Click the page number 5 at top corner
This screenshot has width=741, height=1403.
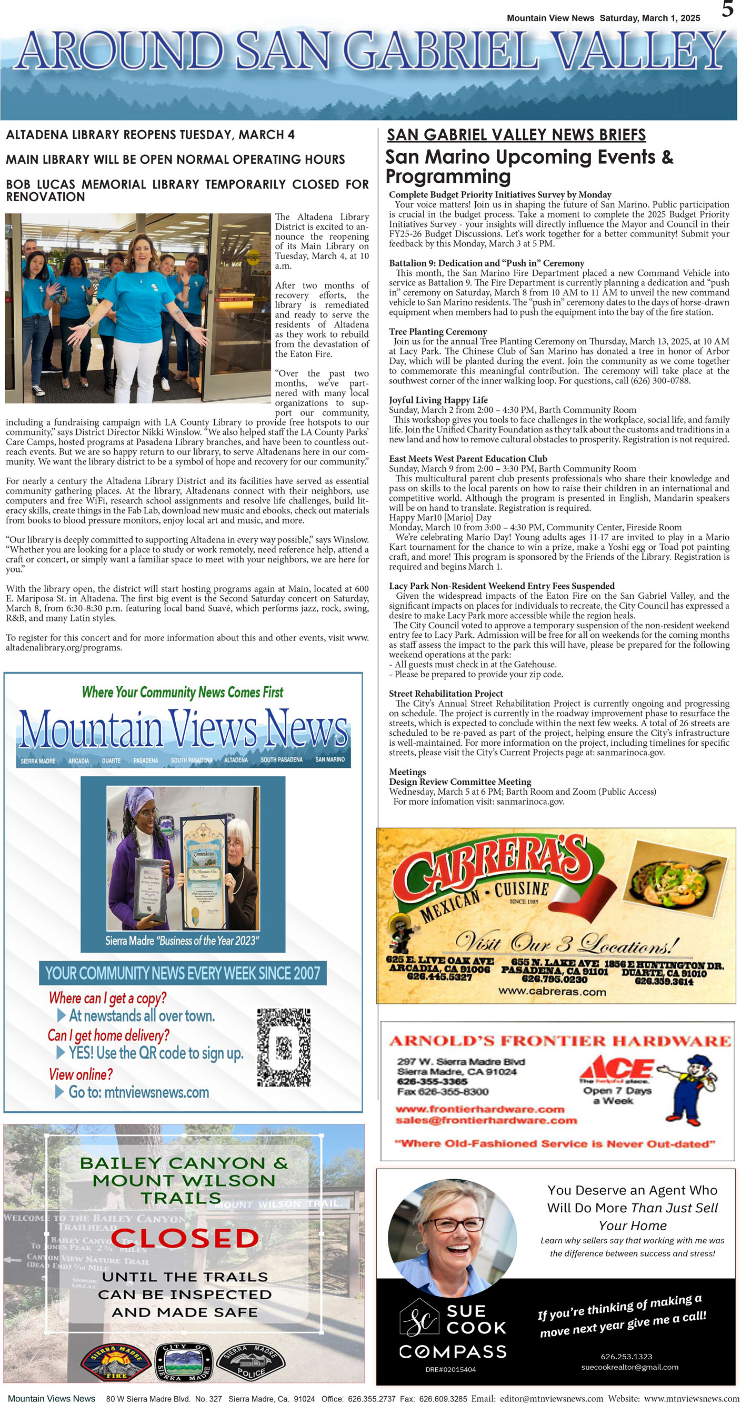(x=727, y=9)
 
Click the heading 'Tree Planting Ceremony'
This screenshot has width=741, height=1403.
(x=438, y=332)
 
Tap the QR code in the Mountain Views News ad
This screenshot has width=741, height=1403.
(x=284, y=1048)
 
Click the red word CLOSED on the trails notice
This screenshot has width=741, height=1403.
(x=185, y=1238)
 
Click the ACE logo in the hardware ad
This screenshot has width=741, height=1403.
(x=617, y=1068)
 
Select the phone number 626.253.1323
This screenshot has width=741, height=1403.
(x=626, y=1356)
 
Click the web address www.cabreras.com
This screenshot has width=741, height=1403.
(x=552, y=991)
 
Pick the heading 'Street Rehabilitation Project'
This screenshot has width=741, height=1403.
(x=445, y=693)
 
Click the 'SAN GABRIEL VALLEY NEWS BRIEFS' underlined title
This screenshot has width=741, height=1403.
(x=516, y=134)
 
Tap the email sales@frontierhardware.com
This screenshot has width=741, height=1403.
(x=486, y=1120)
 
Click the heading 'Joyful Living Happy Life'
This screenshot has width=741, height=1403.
(x=438, y=400)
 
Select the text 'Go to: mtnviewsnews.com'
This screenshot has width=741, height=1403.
(x=138, y=1092)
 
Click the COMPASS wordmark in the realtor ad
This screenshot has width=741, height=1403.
(x=453, y=1351)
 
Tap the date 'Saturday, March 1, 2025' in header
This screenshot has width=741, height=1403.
(x=649, y=18)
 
